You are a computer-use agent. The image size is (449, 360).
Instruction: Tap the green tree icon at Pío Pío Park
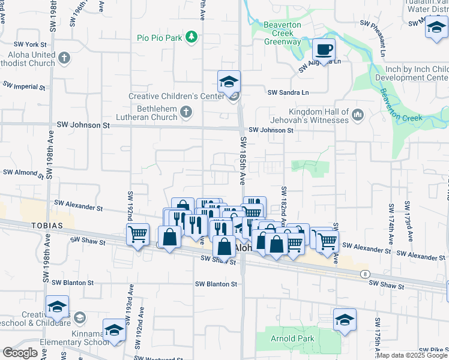point(191,38)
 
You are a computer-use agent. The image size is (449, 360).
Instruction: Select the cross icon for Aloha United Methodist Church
point(64,58)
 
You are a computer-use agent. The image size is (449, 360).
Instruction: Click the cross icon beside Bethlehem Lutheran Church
point(186,112)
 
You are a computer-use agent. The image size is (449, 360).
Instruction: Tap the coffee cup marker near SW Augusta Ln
point(324,50)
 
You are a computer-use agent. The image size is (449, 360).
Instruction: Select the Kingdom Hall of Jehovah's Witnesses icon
point(358,113)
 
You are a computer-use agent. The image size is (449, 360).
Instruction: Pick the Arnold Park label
point(292,338)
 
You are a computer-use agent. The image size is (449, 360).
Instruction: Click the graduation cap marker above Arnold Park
point(345,320)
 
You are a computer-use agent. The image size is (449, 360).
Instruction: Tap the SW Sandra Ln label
point(288,92)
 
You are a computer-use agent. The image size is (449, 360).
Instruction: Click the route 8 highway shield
point(364,274)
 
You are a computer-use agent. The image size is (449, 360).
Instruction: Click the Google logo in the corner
point(20,353)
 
